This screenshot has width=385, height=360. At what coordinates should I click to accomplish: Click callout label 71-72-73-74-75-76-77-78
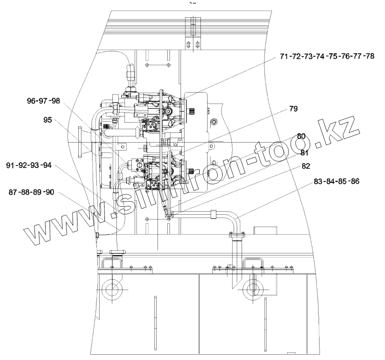click(x=327, y=57)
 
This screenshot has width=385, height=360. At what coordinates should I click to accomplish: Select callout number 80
click(x=301, y=136)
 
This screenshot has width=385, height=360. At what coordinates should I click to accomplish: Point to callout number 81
click(x=305, y=153)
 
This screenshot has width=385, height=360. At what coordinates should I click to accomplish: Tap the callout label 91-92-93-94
click(x=29, y=166)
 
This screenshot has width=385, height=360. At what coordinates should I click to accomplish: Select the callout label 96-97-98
click(x=43, y=101)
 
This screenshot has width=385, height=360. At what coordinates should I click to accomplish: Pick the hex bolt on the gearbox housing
click(x=214, y=122)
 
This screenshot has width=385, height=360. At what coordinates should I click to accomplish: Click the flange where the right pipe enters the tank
click(x=237, y=235)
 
